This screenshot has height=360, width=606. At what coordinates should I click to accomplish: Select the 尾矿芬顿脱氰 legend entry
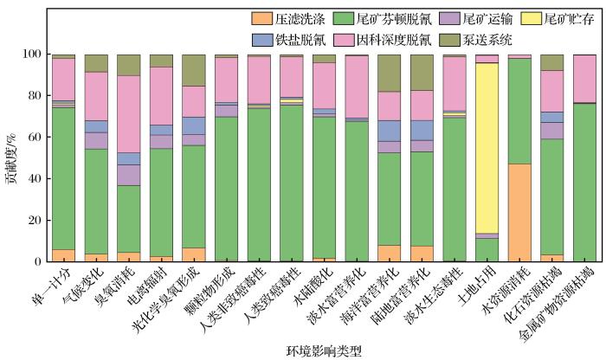[390, 16]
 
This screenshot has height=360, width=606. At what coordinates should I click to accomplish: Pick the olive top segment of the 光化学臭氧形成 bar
[195, 70]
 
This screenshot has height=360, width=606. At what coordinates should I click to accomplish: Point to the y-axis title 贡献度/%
[10, 157]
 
